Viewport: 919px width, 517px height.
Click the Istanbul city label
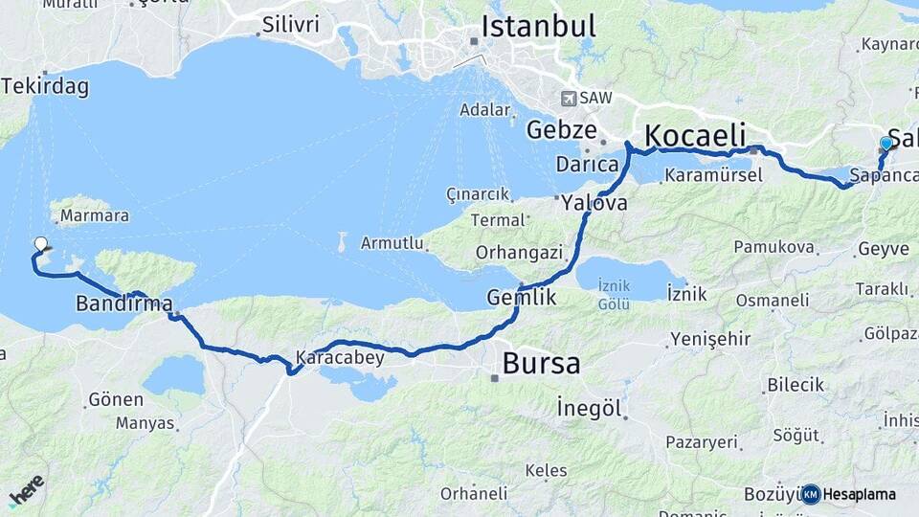coord(538,26)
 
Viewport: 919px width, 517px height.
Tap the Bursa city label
coord(541,364)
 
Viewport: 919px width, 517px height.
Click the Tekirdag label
coord(45,87)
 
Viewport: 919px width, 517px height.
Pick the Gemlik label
coord(522,297)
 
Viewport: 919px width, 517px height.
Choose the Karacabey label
coord(340,358)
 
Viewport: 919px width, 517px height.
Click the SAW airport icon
coord(571,98)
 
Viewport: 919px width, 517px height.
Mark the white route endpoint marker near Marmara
coord(41,244)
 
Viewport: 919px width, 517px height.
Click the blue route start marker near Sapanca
coord(886,144)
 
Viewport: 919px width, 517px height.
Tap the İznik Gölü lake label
coord(614,295)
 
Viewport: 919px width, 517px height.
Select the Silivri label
coord(290,25)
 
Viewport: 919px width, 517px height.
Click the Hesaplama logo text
coord(859,494)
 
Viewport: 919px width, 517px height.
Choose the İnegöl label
coord(590,409)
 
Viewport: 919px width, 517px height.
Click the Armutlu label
coord(392,243)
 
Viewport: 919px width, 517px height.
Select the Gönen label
coord(115,398)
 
